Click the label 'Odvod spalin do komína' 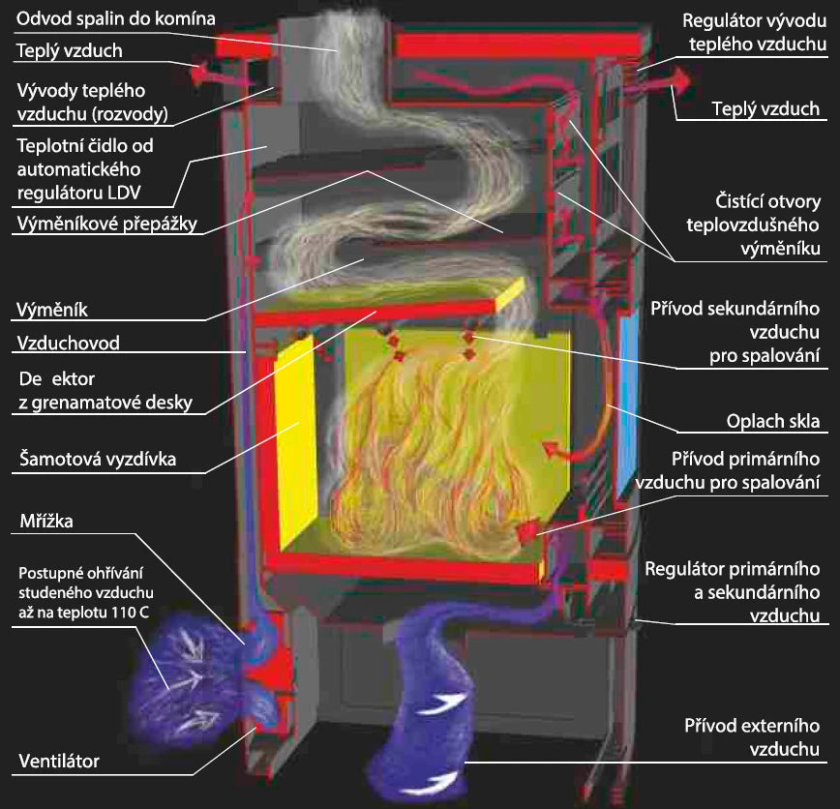pos(116,19)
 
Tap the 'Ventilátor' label pos(59,761)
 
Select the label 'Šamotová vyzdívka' pos(98,459)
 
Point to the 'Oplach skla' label pos(773,421)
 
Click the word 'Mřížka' pos(46,521)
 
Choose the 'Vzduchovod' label pos(68,343)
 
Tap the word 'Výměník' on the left pos(52,310)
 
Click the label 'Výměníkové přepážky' pos(107,224)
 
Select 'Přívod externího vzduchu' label pos(752,737)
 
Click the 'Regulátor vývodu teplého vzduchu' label pos(754,32)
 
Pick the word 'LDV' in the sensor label pos(124,193)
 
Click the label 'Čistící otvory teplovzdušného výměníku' pos(753,225)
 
